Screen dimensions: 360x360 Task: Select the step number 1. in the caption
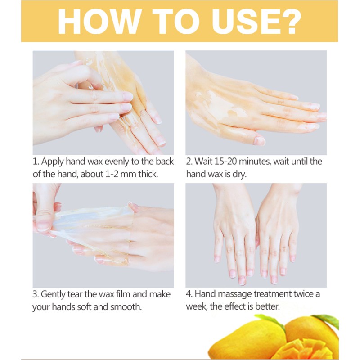36,162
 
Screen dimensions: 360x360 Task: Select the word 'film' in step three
126,295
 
